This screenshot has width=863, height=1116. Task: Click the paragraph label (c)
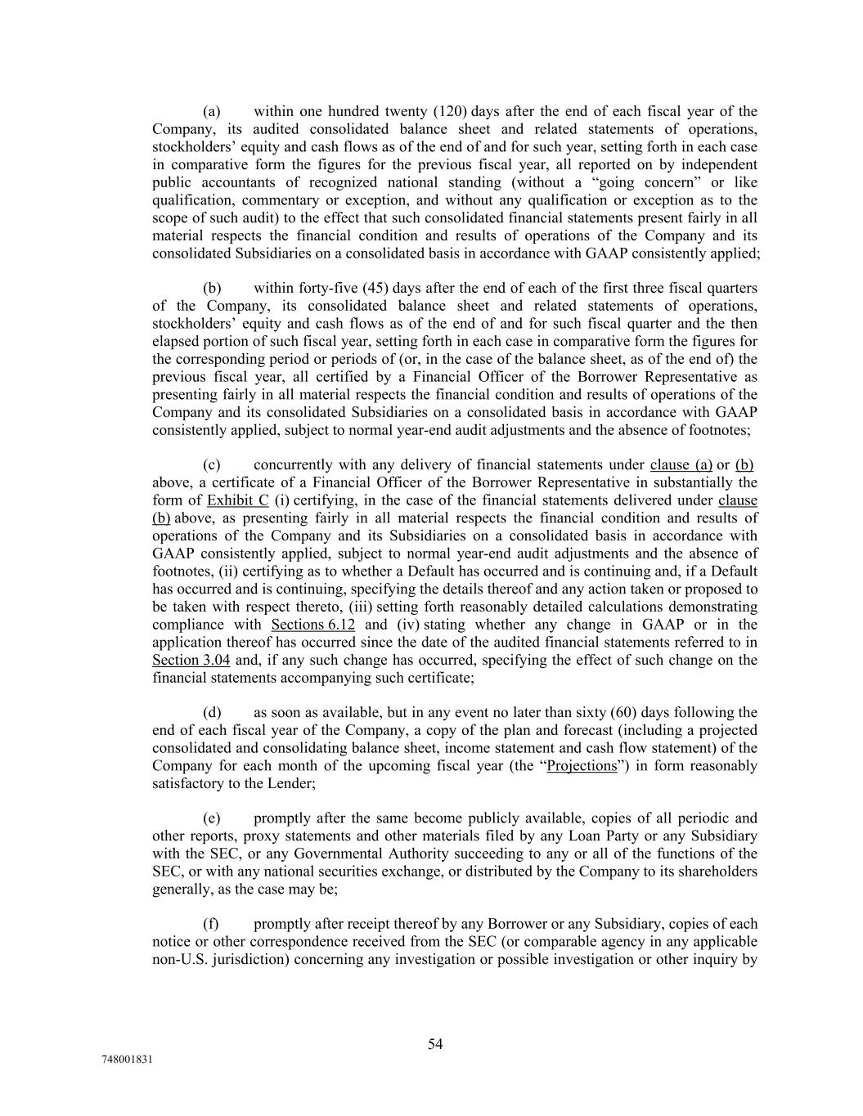pyautogui.click(x=212, y=465)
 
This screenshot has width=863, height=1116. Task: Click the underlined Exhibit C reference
pyautogui.click(x=238, y=500)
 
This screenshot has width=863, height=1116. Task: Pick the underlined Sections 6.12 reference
pyautogui.click(x=312, y=625)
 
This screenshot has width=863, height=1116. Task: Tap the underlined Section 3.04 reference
pyautogui.click(x=191, y=660)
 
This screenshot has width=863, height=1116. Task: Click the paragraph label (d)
pyautogui.click(x=212, y=712)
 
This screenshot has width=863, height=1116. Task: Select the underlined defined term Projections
pyautogui.click(x=582, y=766)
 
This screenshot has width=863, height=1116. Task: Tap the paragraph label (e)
pyautogui.click(x=212, y=818)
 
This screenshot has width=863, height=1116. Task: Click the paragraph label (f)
pyautogui.click(x=211, y=924)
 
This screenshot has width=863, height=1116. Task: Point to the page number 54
pyautogui.click(x=435, y=1044)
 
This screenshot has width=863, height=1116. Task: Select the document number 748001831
pyautogui.click(x=128, y=1060)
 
